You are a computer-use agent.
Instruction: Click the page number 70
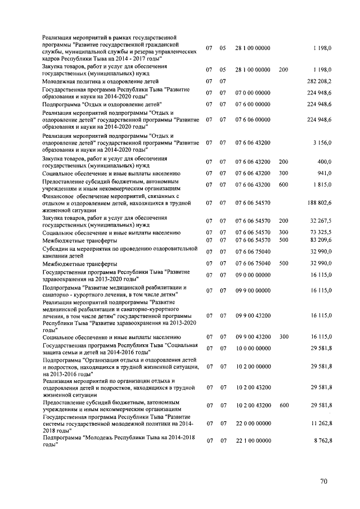(323, 481)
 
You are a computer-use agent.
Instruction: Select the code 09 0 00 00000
(253, 275)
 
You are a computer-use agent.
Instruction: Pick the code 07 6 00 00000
(253, 104)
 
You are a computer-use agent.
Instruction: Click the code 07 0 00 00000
(253, 93)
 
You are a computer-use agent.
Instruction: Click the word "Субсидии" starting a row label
(55, 249)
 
